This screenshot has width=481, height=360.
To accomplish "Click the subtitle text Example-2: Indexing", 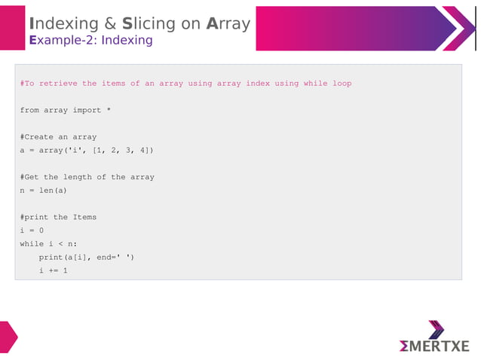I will point(90,41).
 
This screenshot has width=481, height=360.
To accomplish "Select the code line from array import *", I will point(66,110).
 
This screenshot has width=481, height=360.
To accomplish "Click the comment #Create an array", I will point(58,137).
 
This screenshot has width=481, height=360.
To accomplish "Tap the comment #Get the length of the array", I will point(87,177).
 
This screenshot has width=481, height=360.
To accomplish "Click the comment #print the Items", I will point(58,217).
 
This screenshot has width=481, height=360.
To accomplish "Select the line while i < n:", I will point(48,244).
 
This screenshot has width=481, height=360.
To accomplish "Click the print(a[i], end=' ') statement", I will point(87,258).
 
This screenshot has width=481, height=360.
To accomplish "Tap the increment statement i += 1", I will point(54,270).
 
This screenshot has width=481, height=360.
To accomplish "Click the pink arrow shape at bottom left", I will point(8,336).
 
